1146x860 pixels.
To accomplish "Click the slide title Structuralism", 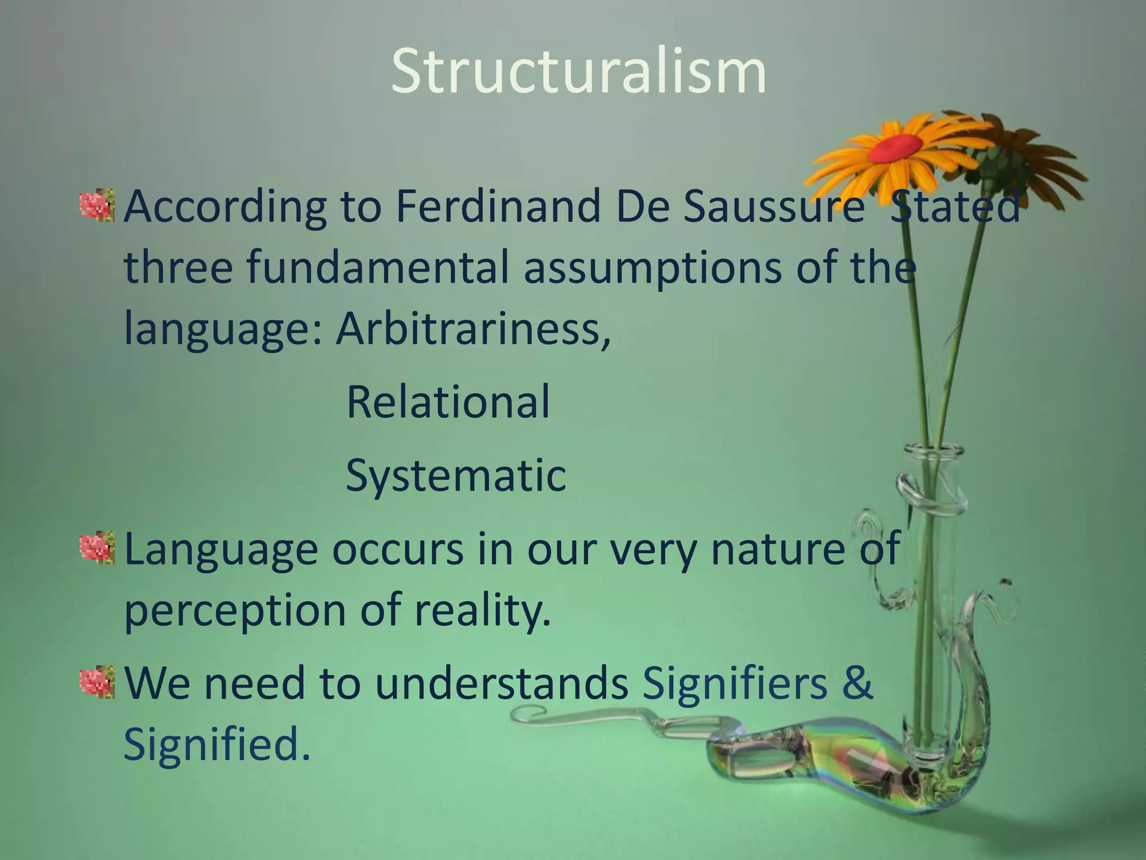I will pyautogui.click(x=578, y=72).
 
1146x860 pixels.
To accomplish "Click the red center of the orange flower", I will pyautogui.click(x=895, y=147).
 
